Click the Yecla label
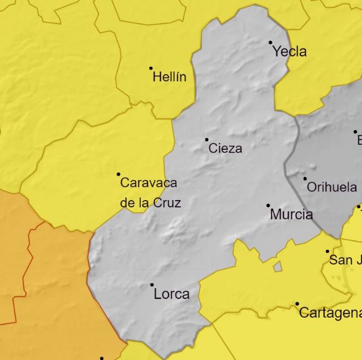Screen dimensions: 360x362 pyautogui.click(x=290, y=52)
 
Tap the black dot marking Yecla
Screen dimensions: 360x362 pyautogui.click(x=270, y=42)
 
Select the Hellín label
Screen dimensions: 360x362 pyautogui.click(x=169, y=77)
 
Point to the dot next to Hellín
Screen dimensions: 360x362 pyautogui.click(x=151, y=68)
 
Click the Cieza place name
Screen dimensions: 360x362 pyautogui.click(x=225, y=149)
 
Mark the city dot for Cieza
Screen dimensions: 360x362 pyautogui.click(x=206, y=140)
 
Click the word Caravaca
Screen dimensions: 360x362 pyautogui.click(x=149, y=183)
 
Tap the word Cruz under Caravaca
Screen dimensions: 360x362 pyautogui.click(x=167, y=202)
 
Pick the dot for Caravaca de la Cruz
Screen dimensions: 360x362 pyautogui.click(x=118, y=174)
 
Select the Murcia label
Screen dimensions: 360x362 pyautogui.click(x=291, y=215)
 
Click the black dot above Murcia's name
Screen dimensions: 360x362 pyautogui.click(x=268, y=206)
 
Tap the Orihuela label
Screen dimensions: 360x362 pyautogui.click(x=332, y=188)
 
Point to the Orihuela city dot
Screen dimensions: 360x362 pyautogui.click(x=305, y=179)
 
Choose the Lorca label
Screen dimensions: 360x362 pyautogui.click(x=171, y=294)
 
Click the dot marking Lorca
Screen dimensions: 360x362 pyautogui.click(x=152, y=285)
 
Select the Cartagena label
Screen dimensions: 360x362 pyautogui.click(x=330, y=313)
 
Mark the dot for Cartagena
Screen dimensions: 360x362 pyautogui.click(x=297, y=304)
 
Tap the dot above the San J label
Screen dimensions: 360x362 pyautogui.click(x=327, y=251)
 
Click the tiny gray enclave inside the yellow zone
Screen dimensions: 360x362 pyautogui.click(x=277, y=266)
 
